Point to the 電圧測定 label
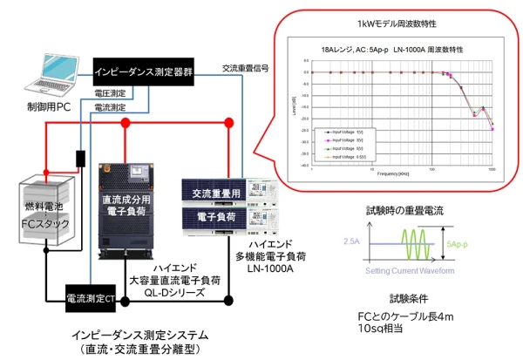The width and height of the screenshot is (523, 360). click(109, 92)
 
